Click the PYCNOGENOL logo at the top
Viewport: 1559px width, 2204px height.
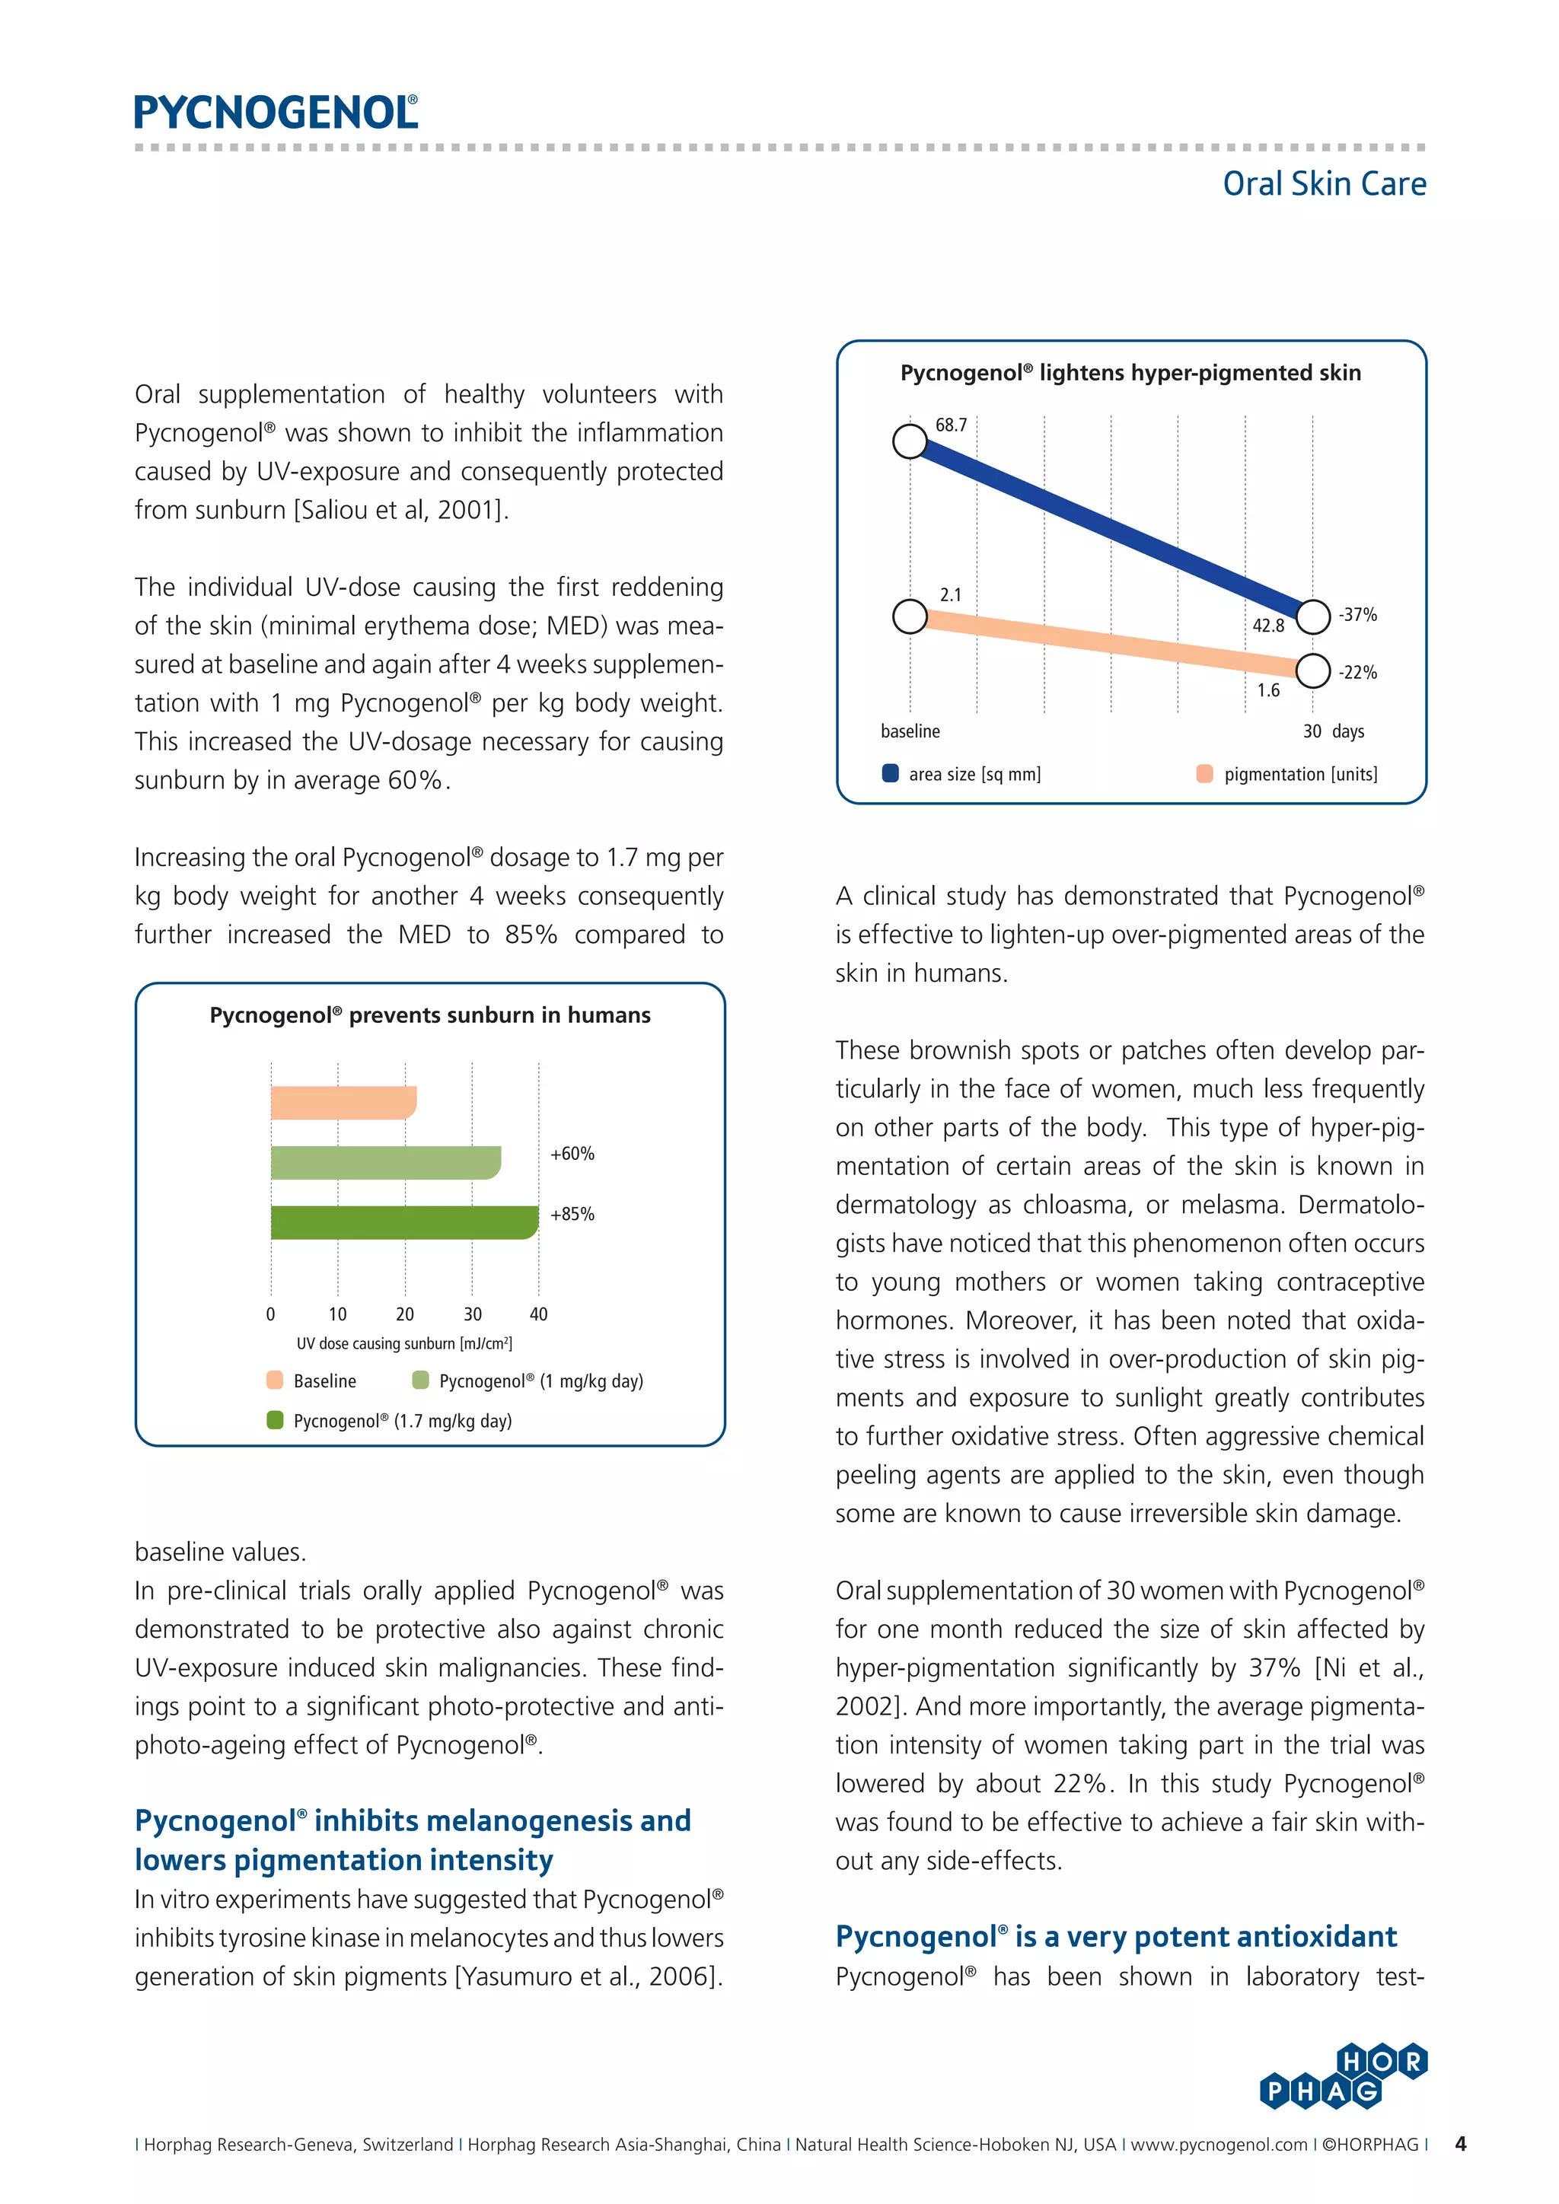pos(276,113)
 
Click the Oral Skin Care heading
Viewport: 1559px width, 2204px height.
pos(1324,183)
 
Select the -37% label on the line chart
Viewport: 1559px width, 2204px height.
pos(1357,614)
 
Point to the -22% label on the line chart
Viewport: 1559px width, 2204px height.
pos(1357,672)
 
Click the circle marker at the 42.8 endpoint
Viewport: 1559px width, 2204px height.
pos(1312,616)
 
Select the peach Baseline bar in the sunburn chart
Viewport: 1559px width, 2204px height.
pos(343,1102)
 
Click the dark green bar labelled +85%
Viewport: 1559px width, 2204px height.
pos(403,1222)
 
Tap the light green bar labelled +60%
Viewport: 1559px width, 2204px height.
pos(385,1161)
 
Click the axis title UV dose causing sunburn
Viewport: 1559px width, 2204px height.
pos(404,1344)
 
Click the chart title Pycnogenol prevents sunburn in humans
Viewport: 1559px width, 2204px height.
pos(430,1015)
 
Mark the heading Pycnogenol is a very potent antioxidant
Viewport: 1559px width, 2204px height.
pos(1115,1937)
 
